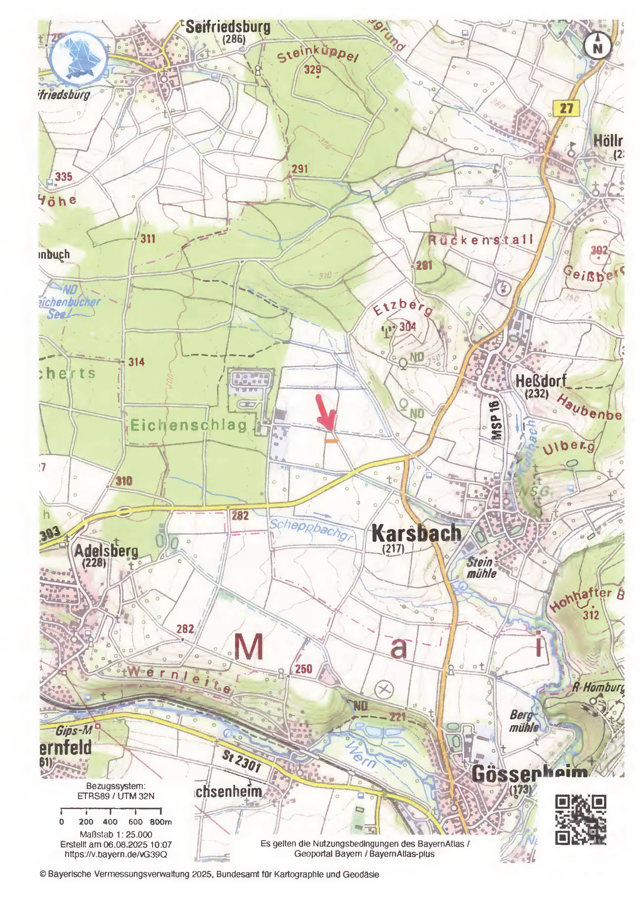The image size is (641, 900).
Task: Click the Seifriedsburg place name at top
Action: point(228,27)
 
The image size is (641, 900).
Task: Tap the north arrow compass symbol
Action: point(598,45)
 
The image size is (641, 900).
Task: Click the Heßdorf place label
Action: point(541,381)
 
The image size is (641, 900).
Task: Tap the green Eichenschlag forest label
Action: point(188,425)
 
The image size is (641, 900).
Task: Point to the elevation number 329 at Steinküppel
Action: point(313,70)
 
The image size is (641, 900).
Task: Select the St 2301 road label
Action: point(241,761)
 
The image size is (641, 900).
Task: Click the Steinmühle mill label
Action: point(480,568)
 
